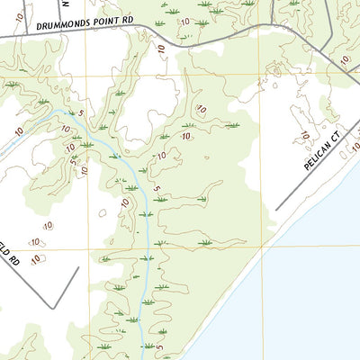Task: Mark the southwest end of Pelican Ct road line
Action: tap(276, 211)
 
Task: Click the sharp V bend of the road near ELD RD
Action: tap(52, 308)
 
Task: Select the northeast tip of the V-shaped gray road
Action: tap(79, 267)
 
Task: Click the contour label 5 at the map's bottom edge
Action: tap(161, 346)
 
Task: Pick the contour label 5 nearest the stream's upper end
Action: tap(81, 113)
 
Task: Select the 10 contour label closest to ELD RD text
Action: tap(36, 259)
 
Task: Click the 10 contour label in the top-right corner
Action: tap(344, 59)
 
